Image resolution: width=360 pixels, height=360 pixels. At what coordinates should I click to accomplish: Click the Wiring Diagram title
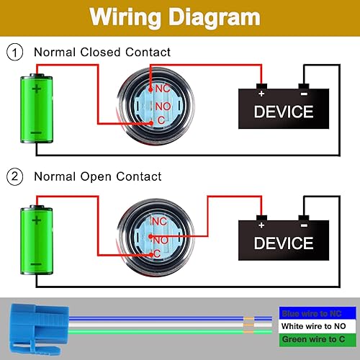point(179,17)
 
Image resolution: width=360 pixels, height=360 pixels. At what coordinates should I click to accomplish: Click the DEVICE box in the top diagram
point(284,112)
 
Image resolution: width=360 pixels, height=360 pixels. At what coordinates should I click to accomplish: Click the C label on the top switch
point(161,119)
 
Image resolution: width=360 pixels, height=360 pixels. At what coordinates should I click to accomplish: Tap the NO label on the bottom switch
point(160,238)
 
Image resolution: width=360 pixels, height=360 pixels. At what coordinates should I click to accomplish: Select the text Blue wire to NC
point(312,313)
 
